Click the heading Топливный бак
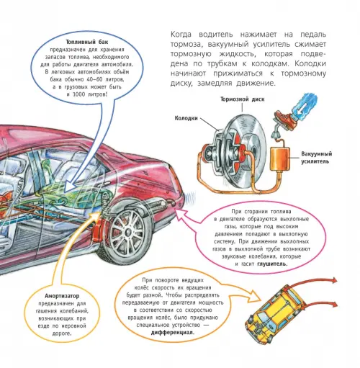pyautogui.click(x=87, y=42)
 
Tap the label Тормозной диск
pyautogui.click(x=243, y=99)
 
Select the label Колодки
pyautogui.click(x=186, y=118)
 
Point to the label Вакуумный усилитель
pyautogui.click(x=317, y=158)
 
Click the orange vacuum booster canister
pyautogui.click(x=280, y=159)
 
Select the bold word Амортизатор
pyautogui.click(x=62, y=296)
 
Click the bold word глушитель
pyautogui.click(x=272, y=264)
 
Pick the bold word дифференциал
pyautogui.click(x=173, y=333)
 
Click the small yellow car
pyautogui.click(x=274, y=312)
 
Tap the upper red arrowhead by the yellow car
pyautogui.click(x=334, y=280)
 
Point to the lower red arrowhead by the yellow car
pyautogui.click(x=333, y=305)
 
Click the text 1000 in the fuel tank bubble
pyautogui.click(x=78, y=94)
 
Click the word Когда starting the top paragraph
pyautogui.click(x=181, y=35)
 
